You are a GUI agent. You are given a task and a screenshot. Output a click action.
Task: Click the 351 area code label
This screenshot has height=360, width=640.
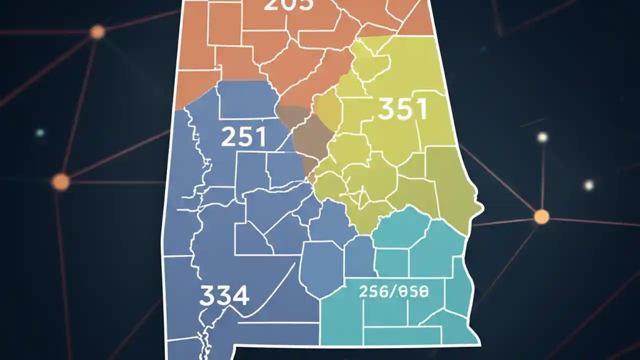point(402,109)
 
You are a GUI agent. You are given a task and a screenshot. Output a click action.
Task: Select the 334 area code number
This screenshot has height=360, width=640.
point(224,296)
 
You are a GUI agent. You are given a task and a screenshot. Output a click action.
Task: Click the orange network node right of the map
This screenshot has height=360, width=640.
point(541,217)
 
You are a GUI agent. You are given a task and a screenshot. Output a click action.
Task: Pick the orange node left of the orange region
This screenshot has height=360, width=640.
point(97,32)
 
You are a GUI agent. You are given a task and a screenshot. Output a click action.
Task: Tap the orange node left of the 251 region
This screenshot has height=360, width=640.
point(60,181)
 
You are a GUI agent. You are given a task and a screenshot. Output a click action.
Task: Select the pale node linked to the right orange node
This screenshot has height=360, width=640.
point(542,137)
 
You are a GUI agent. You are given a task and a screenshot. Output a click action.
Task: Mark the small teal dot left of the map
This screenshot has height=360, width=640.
point(40,133)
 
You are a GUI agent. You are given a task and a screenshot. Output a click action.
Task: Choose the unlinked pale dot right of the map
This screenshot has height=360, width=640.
point(589,185)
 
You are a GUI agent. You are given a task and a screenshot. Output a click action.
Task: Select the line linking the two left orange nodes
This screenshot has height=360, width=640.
point(79,106)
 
